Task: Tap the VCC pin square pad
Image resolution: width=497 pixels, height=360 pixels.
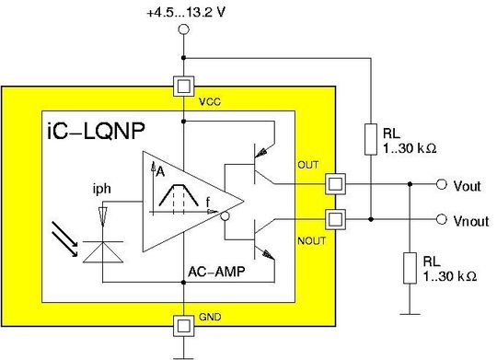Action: pyautogui.click(x=183, y=87)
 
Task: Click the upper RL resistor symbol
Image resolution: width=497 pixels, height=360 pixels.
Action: pyautogui.click(x=370, y=139)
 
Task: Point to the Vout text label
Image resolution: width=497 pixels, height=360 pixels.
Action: pyautogui.click(x=468, y=185)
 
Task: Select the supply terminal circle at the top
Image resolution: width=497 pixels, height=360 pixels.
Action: pyautogui.click(x=183, y=30)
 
